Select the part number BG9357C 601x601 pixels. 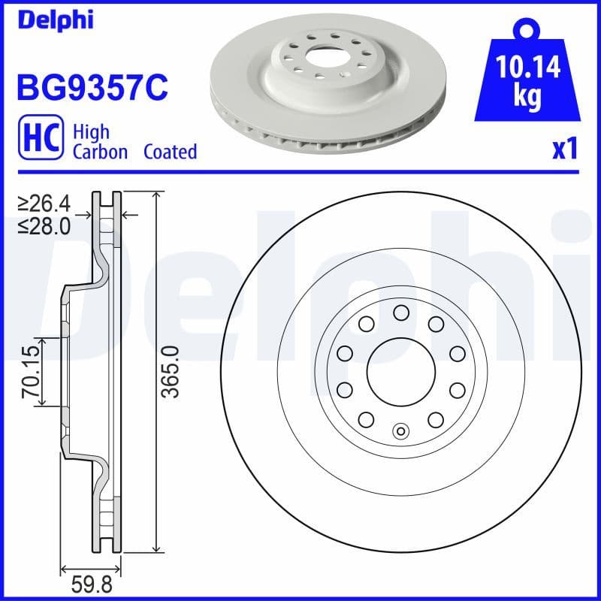tap(91, 88)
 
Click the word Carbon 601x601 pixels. tap(101, 152)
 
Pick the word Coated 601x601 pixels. tap(170, 152)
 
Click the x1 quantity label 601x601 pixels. tap(564, 150)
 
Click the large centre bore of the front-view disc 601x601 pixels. tap(400, 371)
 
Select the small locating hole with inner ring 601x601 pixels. tap(400, 430)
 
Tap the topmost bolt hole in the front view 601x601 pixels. tap(400, 312)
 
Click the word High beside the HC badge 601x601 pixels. tap(91, 132)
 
